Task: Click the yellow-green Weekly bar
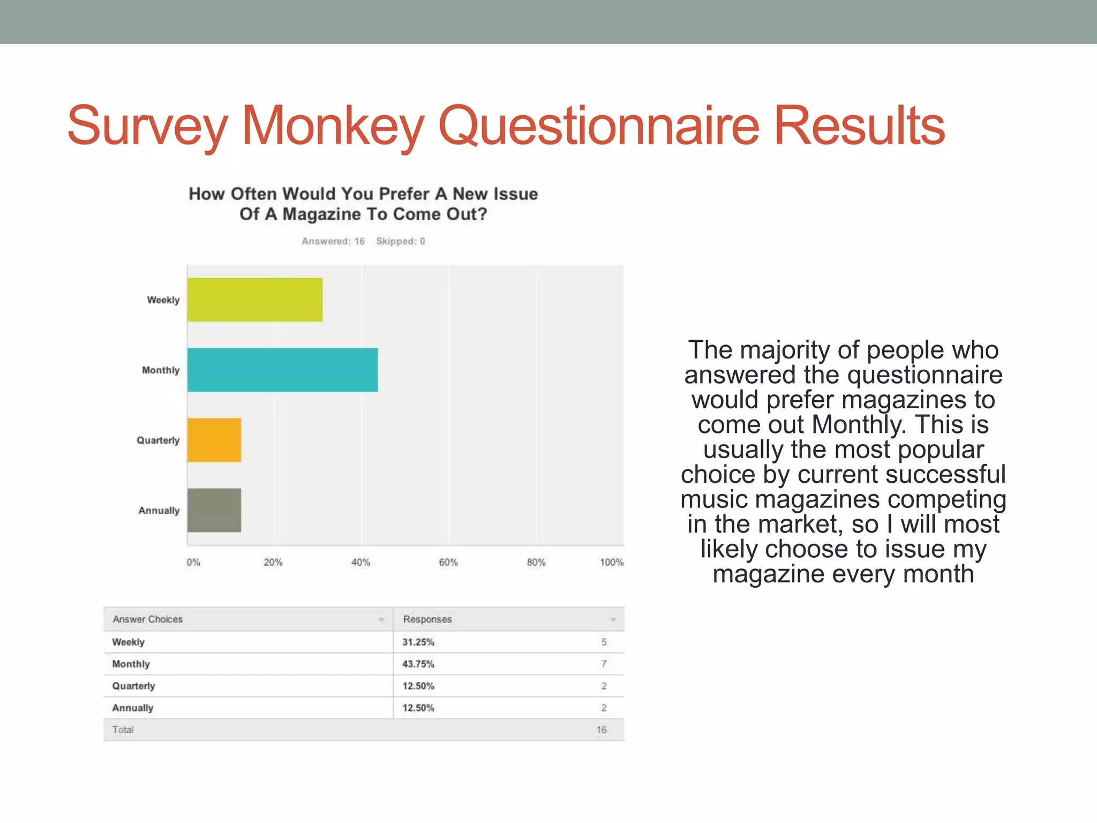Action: (255, 300)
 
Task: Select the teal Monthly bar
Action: (282, 370)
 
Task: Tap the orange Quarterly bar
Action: (214, 440)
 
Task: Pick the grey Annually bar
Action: (214, 510)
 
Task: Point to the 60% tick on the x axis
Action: (448, 562)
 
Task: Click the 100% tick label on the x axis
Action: (611, 562)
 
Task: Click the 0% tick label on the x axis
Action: (193, 562)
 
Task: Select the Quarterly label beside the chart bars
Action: (158, 440)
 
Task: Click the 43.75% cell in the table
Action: (418, 664)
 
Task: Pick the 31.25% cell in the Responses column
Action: (418, 642)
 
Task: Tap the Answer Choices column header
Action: (148, 619)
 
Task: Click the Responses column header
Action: (427, 619)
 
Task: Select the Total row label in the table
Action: (123, 730)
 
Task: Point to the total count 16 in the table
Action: (602, 730)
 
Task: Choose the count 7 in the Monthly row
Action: (604, 664)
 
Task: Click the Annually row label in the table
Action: (133, 708)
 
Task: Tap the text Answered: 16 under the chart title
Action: (333, 241)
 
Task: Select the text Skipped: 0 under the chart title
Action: (401, 241)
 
